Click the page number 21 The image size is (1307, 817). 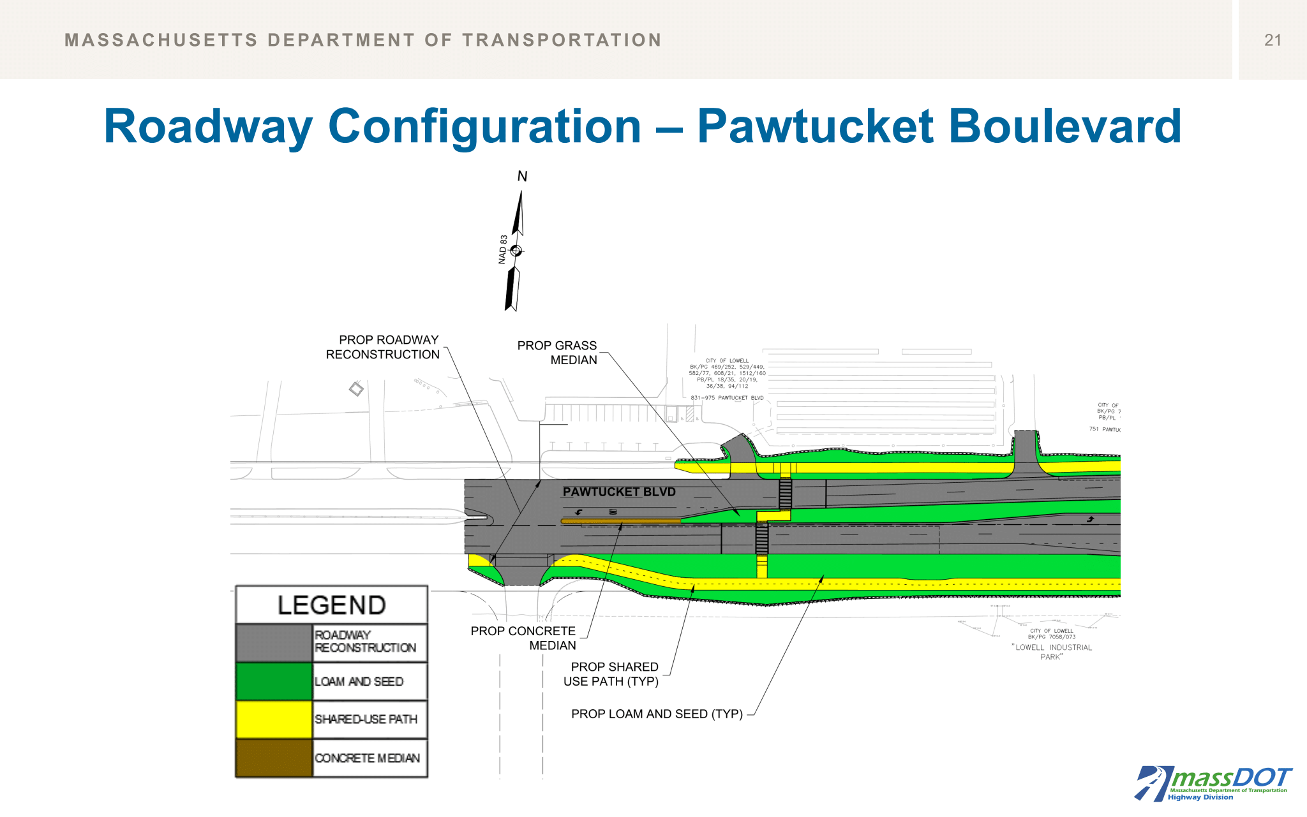pos(1272,40)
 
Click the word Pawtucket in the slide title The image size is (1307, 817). pos(815,126)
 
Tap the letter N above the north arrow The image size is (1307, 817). pos(522,177)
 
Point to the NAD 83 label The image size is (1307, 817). pos(503,249)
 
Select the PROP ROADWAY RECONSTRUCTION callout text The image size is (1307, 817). pos(383,347)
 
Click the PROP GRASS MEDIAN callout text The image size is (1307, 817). pos(557,353)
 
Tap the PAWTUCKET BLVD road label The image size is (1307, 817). pos(618,492)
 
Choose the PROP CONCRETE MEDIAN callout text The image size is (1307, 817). pos(523,638)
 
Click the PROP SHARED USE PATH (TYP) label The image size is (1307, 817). pos(611,674)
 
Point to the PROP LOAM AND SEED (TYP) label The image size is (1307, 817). pos(657,714)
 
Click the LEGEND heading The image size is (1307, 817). pos(331,605)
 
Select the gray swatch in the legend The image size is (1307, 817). pos(274,643)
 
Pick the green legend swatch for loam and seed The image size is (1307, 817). pos(274,681)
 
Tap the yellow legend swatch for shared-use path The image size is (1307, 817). pos(274,719)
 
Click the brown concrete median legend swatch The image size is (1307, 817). pos(274,758)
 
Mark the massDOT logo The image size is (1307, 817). pos(1212,783)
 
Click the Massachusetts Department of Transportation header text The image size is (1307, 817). pos(362,40)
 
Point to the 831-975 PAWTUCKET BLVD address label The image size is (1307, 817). pos(727,398)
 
